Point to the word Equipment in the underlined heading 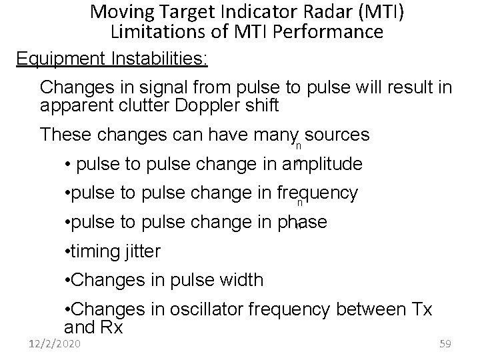coord(59,59)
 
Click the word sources coord(337,135)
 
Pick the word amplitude coord(323,164)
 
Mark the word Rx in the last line coord(111,327)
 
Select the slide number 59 coord(446,344)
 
